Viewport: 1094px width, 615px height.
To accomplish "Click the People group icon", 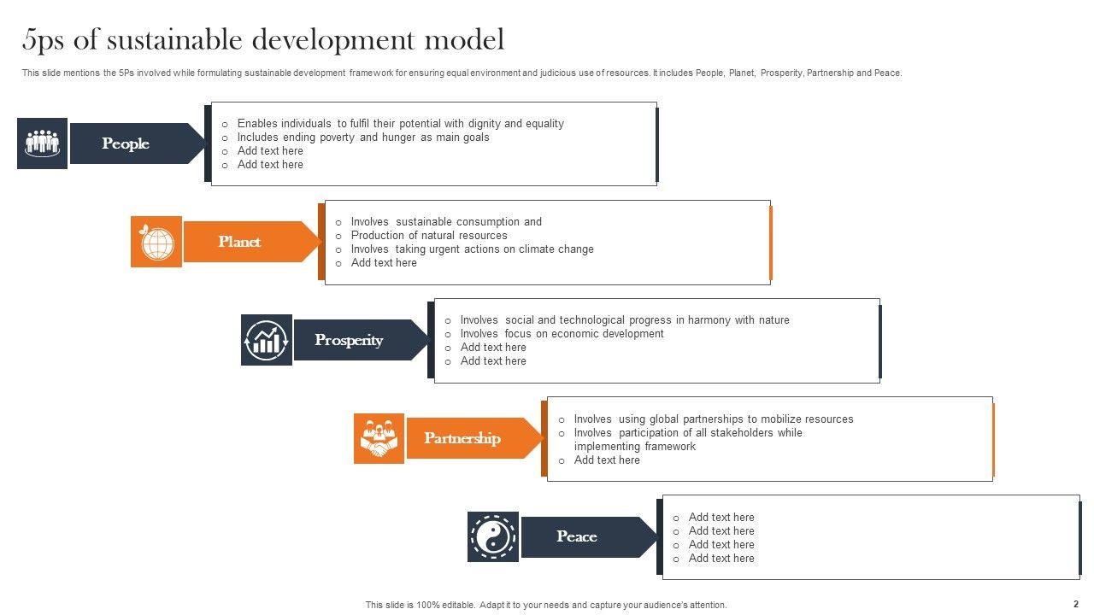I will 42,143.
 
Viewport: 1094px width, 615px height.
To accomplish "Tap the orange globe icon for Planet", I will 156,242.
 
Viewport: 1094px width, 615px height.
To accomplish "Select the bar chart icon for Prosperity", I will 267,340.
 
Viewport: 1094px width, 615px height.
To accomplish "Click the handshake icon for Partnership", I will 379,438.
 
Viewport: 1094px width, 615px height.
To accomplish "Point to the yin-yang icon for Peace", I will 493,536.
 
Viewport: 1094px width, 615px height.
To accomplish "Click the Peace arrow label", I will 581,536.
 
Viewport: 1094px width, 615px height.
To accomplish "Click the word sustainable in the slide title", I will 177,39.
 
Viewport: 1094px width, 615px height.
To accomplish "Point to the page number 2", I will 1076,604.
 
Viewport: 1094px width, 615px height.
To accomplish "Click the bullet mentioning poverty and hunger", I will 363,137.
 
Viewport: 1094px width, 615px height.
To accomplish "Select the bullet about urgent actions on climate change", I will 472,249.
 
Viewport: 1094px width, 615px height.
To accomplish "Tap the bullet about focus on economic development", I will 562,334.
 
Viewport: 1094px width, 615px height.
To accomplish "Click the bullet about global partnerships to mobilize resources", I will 713,419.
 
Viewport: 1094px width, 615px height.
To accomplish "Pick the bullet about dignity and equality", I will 400,123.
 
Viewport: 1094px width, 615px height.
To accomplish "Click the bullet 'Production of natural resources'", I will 429,236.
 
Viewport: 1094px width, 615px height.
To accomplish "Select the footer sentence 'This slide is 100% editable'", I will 546,605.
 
